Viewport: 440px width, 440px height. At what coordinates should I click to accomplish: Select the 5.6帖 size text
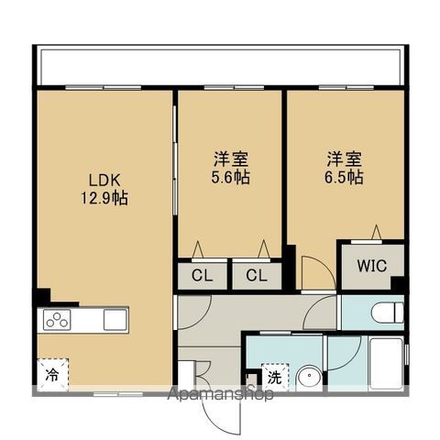click(229, 176)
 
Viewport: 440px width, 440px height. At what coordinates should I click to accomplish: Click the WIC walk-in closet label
click(371, 267)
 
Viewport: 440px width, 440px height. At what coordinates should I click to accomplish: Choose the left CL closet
click(202, 275)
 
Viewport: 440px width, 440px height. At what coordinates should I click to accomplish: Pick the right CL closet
click(255, 275)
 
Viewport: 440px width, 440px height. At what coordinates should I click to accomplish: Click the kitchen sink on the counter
click(115, 320)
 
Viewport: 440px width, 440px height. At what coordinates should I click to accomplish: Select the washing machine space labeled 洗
click(274, 376)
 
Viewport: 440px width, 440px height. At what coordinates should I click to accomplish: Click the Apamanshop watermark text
click(219, 396)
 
